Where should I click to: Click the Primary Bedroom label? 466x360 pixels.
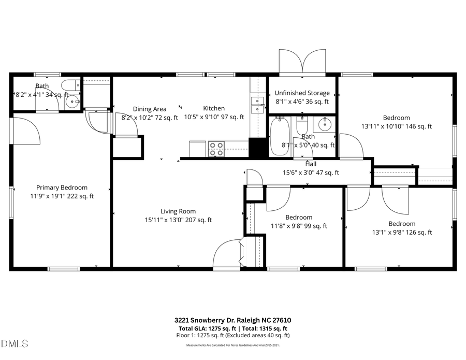pos(62,188)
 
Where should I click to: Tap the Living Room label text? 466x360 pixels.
pos(178,211)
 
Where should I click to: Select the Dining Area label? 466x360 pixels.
pos(150,109)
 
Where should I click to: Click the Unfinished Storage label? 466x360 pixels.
pos(302,93)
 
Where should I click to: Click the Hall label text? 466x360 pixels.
pos(311,164)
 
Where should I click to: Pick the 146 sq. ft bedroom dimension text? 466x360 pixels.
pos(397,126)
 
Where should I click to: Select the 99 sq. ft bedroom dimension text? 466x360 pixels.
pos(299,226)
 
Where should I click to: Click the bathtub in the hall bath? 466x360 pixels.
pos(280,137)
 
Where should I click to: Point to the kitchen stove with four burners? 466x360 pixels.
pos(216,149)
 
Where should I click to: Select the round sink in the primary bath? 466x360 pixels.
pos(72,101)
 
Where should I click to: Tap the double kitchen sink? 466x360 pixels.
pos(257,104)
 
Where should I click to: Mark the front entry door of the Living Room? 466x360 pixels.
pos(227,254)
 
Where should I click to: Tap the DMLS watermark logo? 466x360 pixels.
pos(15,344)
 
